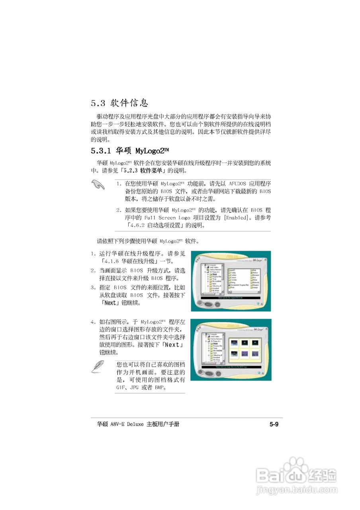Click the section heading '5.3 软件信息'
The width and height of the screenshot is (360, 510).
pos(119,103)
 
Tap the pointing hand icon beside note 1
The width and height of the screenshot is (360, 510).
pos(97,185)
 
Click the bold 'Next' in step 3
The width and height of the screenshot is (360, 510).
pos(110,303)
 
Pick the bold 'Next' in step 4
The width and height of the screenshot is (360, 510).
pos(172,345)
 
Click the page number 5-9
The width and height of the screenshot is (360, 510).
pos(274,424)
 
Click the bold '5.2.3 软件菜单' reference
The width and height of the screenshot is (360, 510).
pos(143,171)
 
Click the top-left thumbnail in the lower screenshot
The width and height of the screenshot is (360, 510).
pos(234,342)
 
